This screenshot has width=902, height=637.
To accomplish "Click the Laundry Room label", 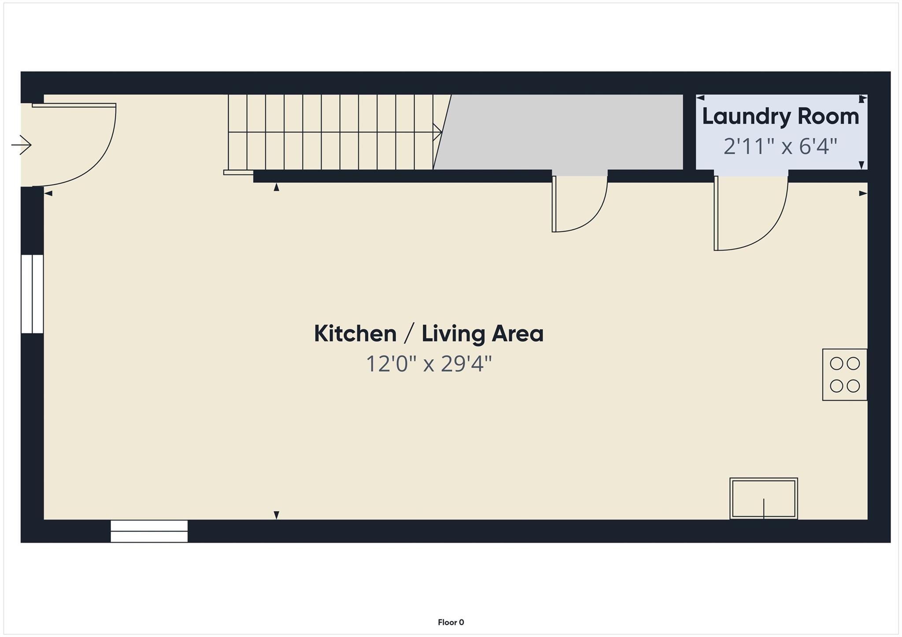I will click(780, 117).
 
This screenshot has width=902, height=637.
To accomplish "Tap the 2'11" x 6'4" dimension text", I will click(780, 146).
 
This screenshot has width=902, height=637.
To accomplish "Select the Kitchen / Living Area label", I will click(429, 333).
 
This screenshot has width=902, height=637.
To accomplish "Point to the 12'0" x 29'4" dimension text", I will click(429, 364).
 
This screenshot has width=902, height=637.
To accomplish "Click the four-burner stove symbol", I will click(844, 375).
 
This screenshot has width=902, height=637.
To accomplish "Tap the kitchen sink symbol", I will click(763, 498).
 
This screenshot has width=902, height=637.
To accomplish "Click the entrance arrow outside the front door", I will click(22, 145).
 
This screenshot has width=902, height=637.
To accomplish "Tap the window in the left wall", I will click(32, 294).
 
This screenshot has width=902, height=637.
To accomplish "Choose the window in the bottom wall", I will click(149, 531).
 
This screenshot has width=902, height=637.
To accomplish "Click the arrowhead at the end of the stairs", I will click(438, 132).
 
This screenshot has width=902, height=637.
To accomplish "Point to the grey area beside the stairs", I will click(564, 132).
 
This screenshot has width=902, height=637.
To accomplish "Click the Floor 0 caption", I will click(451, 622).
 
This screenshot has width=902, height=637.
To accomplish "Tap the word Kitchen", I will click(355, 333).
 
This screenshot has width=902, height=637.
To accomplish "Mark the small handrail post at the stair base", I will click(238, 172).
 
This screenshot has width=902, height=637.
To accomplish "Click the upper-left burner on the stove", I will click(836, 364).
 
